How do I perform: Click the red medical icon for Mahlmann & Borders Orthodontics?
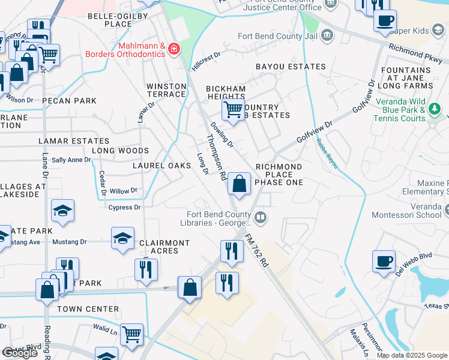click(x=174, y=49)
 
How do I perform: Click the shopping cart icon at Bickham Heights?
click(x=232, y=110)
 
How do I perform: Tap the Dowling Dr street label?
click(x=221, y=135)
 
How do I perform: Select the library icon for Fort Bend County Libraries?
click(x=260, y=217)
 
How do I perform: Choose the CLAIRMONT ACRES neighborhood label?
click(x=164, y=247)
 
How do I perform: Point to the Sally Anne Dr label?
click(x=71, y=160)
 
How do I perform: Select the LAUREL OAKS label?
click(x=163, y=166)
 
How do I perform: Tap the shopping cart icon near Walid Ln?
click(x=131, y=334)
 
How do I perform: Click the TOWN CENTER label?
click(x=88, y=309)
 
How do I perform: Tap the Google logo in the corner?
click(x=20, y=353)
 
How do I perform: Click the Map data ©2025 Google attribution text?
click(x=412, y=355)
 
